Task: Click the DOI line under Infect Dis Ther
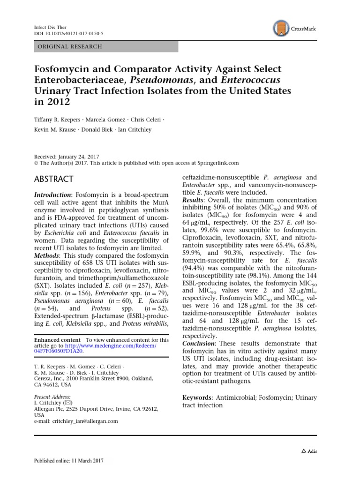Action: (69, 34)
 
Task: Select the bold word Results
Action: (194, 200)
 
